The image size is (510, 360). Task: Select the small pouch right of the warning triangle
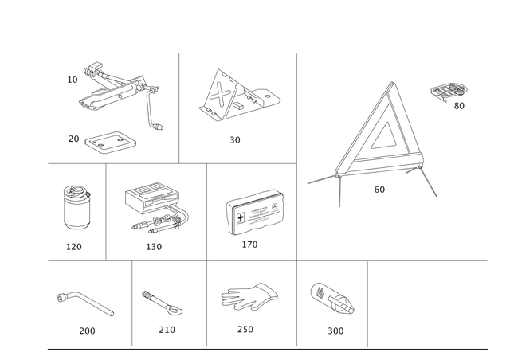(449, 92)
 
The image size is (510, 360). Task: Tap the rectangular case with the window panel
(253, 211)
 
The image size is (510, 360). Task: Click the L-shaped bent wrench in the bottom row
(85, 303)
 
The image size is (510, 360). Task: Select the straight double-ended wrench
(163, 302)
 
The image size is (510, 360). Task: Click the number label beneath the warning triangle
(379, 190)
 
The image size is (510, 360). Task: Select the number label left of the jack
(73, 80)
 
